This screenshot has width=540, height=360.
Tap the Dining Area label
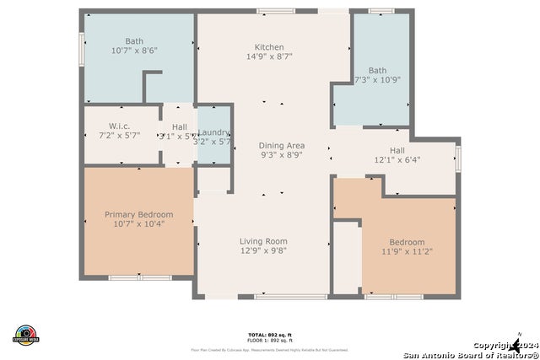[281, 146]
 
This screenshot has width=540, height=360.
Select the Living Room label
[263, 240]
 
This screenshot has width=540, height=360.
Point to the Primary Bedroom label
[138, 214]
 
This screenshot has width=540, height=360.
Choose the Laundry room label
[213, 132]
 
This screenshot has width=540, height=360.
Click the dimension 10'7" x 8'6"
[134, 51]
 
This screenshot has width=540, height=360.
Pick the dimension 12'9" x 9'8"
[263, 250]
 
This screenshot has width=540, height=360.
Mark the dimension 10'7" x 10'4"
[138, 224]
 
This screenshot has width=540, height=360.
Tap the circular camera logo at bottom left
[26, 335]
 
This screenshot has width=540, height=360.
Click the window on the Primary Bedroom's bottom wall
[139, 277]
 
